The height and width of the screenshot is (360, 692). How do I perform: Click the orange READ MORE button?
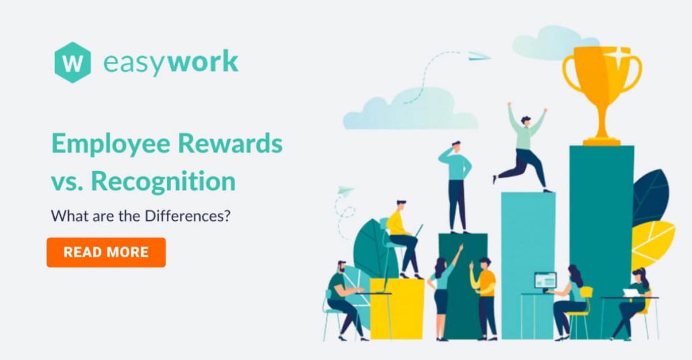click(x=106, y=253)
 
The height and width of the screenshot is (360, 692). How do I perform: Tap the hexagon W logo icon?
click(x=73, y=63)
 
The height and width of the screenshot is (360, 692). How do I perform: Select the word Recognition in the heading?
click(x=164, y=181)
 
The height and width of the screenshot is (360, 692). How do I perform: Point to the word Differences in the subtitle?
click(x=188, y=216)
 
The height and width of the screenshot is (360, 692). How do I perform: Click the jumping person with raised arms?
click(x=522, y=148)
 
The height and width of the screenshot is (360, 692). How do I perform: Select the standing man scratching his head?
click(x=455, y=186)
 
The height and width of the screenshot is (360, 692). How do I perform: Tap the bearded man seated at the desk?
click(x=346, y=300)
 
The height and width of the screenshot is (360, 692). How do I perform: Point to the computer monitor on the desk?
click(x=545, y=280)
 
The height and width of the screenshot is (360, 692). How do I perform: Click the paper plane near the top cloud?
click(x=479, y=56)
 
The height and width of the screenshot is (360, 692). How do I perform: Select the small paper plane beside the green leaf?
click(x=346, y=190)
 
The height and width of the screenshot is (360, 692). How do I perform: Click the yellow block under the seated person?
click(x=397, y=309)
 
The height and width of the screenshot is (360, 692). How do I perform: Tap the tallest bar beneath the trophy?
click(x=601, y=242)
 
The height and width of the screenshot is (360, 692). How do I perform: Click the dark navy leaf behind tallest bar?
click(x=651, y=197)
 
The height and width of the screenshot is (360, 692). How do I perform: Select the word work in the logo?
click(x=203, y=61)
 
